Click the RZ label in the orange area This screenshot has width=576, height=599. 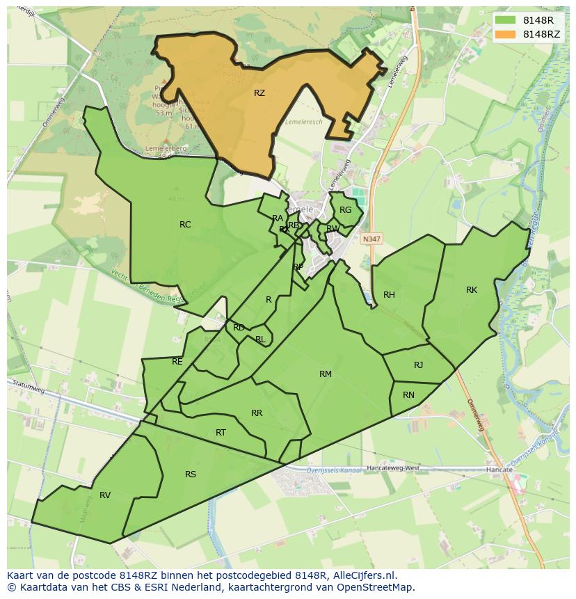(x=259, y=93)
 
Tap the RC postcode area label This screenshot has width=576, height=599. (x=185, y=225)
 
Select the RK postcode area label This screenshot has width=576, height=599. (x=472, y=290)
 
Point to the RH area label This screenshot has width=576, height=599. (x=389, y=295)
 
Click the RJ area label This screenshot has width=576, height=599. (x=418, y=365)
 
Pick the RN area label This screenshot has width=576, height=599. (x=408, y=395)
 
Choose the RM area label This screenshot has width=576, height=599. (x=325, y=374)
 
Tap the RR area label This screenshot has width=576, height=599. (x=257, y=413)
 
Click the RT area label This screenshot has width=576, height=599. (x=221, y=433)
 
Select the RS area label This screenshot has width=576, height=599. (x=191, y=474)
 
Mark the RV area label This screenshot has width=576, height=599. (x=105, y=495)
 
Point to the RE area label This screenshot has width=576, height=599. (x=177, y=362)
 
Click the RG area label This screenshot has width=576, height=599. (x=345, y=210)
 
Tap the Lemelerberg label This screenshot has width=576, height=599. (x=163, y=148)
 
